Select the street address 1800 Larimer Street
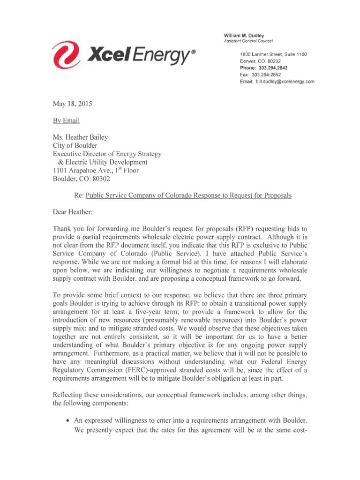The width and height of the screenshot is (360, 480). point(259,55)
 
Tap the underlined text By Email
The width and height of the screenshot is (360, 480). point(66,120)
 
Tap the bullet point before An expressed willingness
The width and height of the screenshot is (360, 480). point(68,421)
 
